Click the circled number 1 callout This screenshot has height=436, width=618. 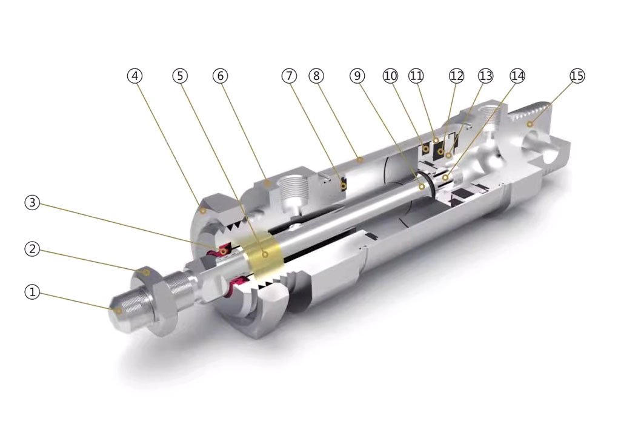(x=32, y=292)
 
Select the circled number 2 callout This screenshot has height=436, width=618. (x=32, y=248)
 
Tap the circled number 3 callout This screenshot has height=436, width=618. (x=32, y=203)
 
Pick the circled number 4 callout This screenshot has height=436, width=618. (x=135, y=76)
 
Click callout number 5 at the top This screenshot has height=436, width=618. (x=180, y=76)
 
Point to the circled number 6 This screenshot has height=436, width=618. (x=221, y=76)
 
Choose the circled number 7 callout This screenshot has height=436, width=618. (x=290, y=76)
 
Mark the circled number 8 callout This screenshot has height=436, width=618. (x=316, y=76)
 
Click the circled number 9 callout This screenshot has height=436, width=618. (x=357, y=76)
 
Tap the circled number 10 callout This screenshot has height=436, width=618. (x=391, y=76)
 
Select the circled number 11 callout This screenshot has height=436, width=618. (x=416, y=76)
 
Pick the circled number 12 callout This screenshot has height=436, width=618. (x=456, y=76)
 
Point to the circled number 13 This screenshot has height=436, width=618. (x=485, y=76)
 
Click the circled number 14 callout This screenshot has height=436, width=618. (x=517, y=76)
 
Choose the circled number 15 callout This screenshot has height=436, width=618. (x=577, y=76)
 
